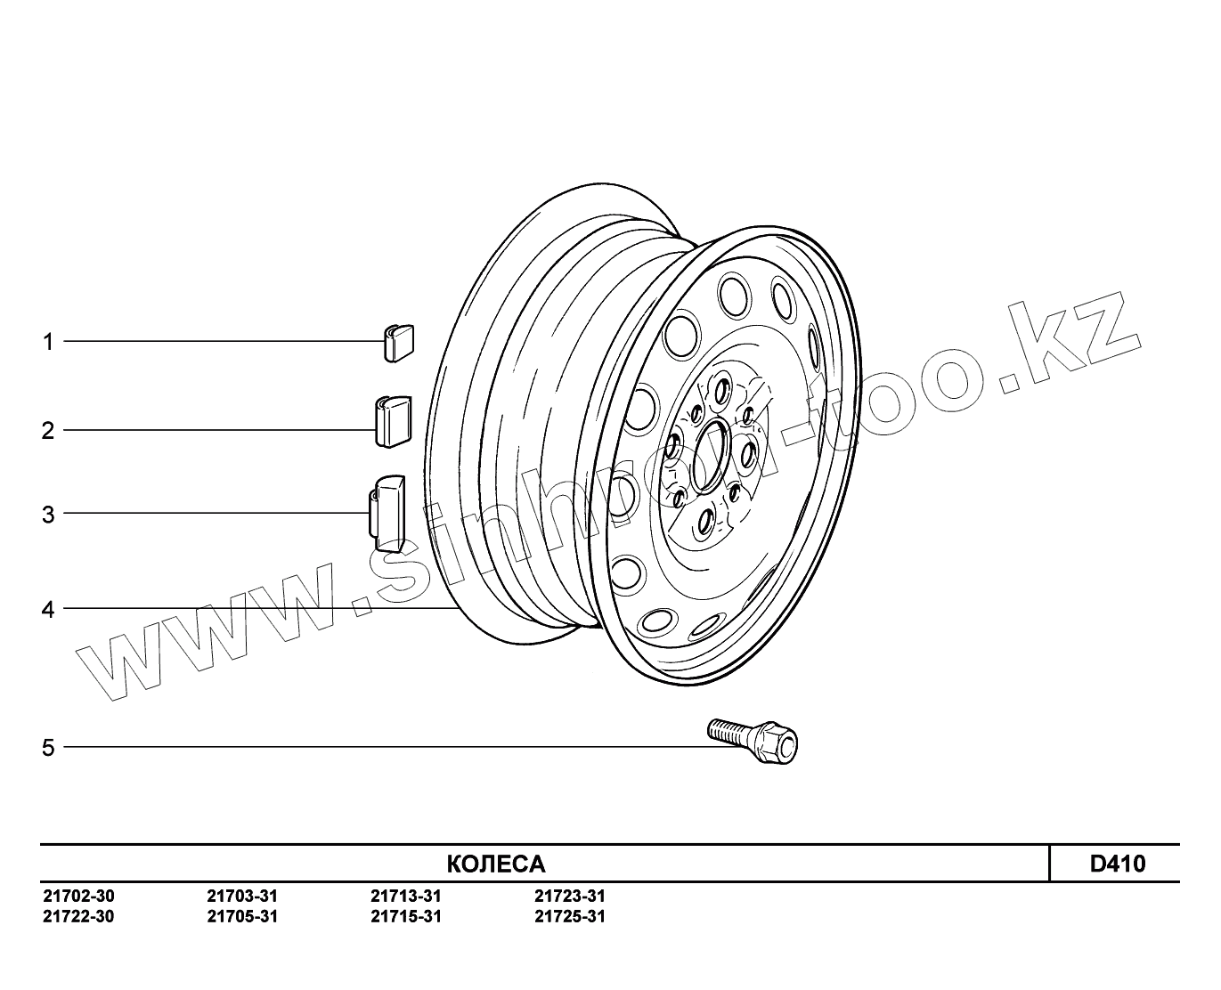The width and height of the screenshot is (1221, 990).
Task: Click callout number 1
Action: click(x=48, y=342)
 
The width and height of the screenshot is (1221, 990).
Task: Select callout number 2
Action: click(x=48, y=431)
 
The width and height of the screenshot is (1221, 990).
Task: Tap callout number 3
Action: click(x=48, y=515)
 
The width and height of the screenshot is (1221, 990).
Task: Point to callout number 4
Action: click(x=48, y=610)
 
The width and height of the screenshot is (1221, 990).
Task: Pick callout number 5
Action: click(x=48, y=748)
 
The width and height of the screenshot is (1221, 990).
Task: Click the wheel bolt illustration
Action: click(x=753, y=741)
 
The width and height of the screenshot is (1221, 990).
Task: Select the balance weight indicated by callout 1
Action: click(x=398, y=343)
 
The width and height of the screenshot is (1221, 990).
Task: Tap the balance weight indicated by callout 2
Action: click(x=394, y=422)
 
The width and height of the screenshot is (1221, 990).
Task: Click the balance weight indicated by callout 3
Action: click(x=387, y=514)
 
